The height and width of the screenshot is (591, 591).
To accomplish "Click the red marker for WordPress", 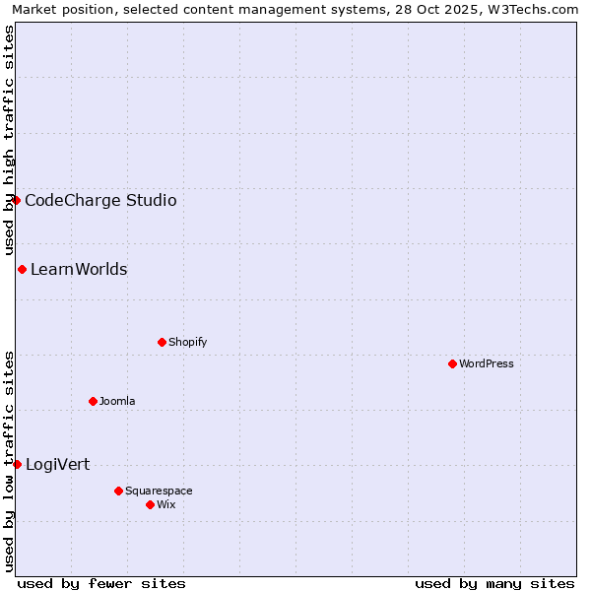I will pyautogui.click(x=452, y=363).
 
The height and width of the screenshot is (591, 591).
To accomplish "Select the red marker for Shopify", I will pyautogui.click(x=162, y=342).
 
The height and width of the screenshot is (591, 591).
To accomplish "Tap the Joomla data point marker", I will pyautogui.click(x=93, y=401).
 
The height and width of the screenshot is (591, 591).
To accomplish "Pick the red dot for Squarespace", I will pyautogui.click(x=118, y=491).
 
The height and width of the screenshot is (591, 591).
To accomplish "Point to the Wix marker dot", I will pyautogui.click(x=150, y=504).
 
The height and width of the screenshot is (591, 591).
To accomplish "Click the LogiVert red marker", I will pyautogui.click(x=17, y=464).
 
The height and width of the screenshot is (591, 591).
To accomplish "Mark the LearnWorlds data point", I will pyautogui.click(x=22, y=269).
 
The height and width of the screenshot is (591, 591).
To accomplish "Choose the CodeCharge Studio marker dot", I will pyautogui.click(x=16, y=200).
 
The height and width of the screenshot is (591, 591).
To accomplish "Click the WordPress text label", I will pyautogui.click(x=487, y=363).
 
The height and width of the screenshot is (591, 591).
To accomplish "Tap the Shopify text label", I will pyautogui.click(x=187, y=342).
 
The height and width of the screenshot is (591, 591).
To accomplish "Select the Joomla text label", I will pyautogui.click(x=117, y=401).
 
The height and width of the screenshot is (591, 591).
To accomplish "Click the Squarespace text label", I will pyautogui.click(x=159, y=491).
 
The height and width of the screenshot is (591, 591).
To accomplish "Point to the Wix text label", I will pyautogui.click(x=165, y=504).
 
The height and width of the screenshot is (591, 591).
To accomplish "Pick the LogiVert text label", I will pyautogui.click(x=57, y=465).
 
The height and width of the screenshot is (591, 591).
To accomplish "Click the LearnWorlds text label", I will pyautogui.click(x=79, y=270).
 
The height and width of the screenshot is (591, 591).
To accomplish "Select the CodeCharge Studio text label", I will pyautogui.click(x=100, y=201).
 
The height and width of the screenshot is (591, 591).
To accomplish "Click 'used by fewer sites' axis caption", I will pyautogui.click(x=101, y=583).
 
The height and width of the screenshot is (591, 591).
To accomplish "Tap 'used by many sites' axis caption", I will pyautogui.click(x=494, y=583).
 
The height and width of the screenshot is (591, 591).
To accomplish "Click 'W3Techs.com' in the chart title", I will pyautogui.click(x=537, y=9).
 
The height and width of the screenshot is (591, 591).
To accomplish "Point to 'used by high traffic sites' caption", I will pyautogui.click(x=9, y=140).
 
